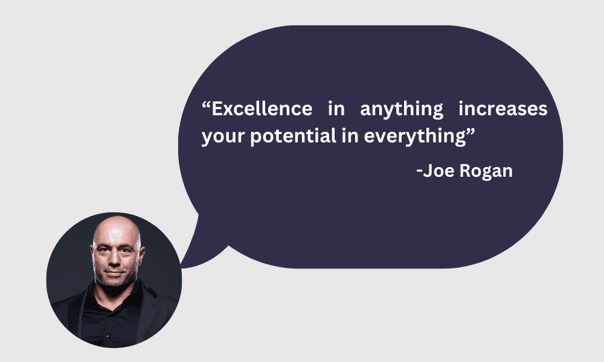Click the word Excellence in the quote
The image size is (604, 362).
(262, 109)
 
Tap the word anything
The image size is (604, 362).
(402, 110)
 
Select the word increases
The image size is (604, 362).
(503, 109)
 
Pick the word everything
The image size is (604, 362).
(415, 138)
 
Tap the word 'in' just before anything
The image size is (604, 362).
(336, 109)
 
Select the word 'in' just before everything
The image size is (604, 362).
(350, 136)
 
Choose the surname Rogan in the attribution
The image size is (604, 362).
(486, 171)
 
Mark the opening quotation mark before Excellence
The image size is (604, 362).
(206, 104)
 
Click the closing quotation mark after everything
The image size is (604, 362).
(471, 131)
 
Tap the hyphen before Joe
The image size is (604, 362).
(420, 171)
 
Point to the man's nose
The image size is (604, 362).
(114, 260)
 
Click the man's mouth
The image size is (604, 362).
(114, 272)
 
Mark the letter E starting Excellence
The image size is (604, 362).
(217, 109)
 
